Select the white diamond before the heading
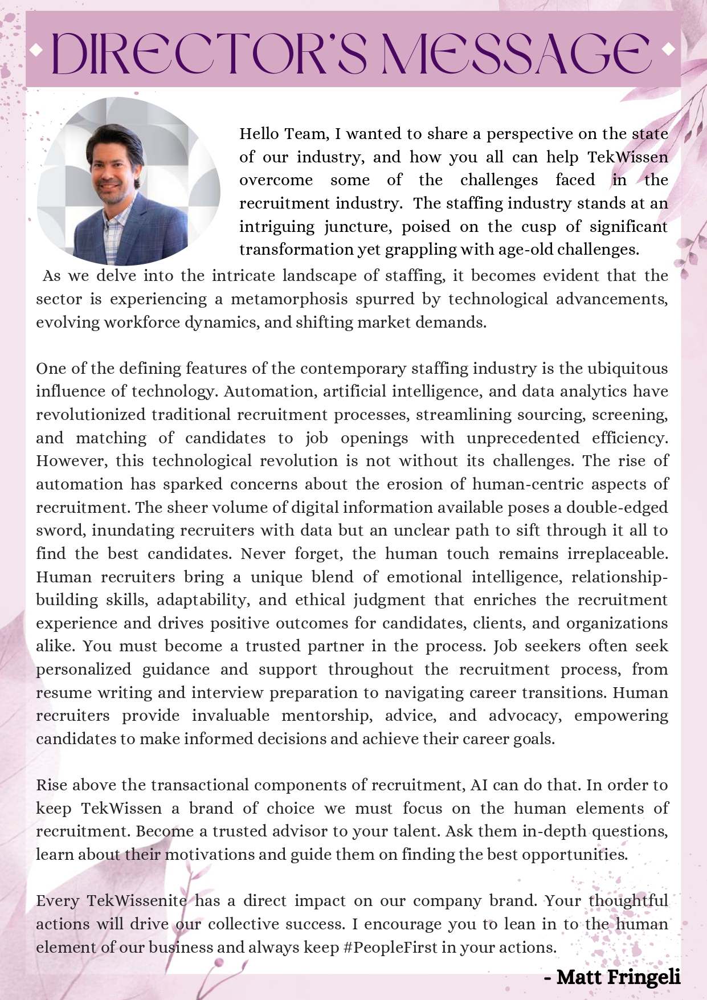pyautogui.click(x=36, y=51)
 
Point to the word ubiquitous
pyautogui.click(x=627, y=369)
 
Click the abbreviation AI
pyautogui.click(x=479, y=785)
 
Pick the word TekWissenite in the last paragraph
pyautogui.click(x=136, y=901)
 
